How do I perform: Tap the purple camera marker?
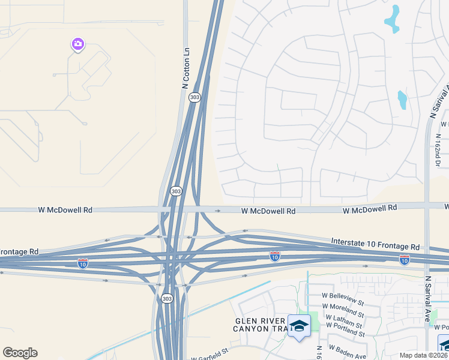77,44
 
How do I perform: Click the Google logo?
20,353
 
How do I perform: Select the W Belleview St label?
343,298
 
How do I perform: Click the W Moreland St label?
343,310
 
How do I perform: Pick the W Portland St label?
345,328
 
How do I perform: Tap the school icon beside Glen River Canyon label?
299,326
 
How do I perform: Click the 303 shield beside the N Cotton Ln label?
194,97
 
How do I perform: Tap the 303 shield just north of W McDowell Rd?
175,191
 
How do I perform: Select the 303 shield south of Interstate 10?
166,298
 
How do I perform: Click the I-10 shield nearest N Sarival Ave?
405,259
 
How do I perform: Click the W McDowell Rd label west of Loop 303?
65,210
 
